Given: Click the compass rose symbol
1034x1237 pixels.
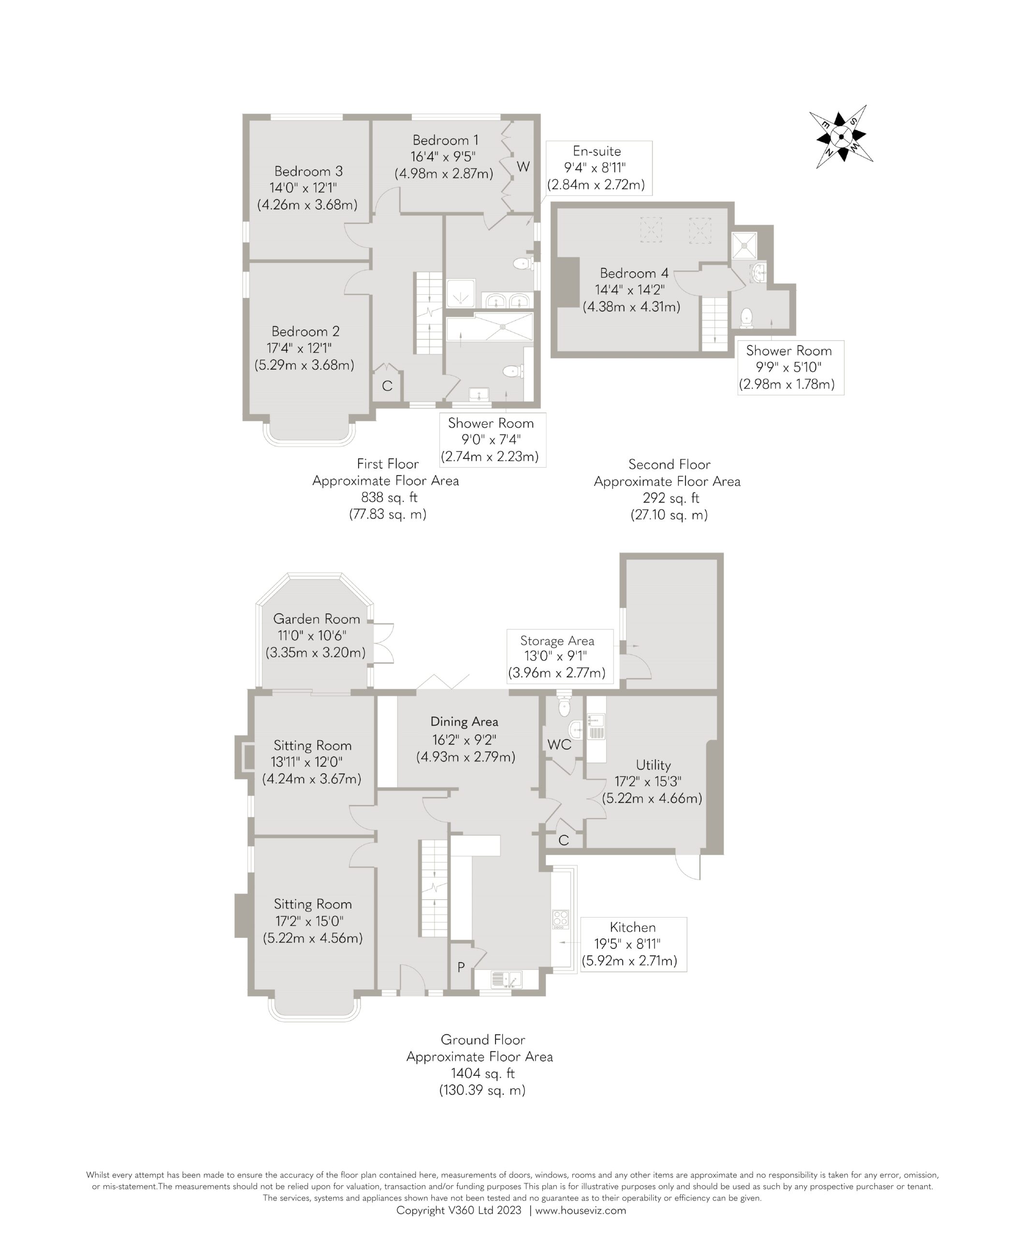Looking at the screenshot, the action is [841, 137].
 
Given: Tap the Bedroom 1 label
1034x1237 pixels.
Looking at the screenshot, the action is [445, 140].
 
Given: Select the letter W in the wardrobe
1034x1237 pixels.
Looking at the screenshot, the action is [523, 167].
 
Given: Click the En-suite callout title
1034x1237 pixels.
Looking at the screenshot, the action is [597, 151].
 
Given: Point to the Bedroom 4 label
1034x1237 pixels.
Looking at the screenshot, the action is [634, 273].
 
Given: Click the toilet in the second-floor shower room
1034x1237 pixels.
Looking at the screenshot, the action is [746, 317].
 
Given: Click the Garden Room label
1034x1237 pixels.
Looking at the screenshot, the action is [316, 619].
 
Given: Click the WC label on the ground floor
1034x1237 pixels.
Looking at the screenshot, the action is [559, 745].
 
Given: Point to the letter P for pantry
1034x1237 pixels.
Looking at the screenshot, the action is [461, 966].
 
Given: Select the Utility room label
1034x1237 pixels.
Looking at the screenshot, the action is [654, 765].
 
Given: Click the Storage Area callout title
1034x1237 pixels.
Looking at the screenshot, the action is [557, 641].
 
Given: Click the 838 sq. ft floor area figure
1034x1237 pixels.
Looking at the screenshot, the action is [388, 498].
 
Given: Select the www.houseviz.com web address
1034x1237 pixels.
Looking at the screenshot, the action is [581, 1210].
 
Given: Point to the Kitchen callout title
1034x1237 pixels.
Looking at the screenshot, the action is [633, 927].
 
